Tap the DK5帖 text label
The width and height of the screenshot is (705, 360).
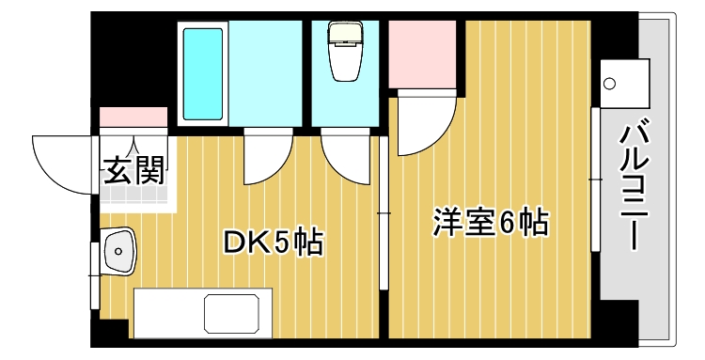(273, 243)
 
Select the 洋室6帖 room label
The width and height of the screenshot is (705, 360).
(490, 223)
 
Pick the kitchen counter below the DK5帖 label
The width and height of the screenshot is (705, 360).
(205, 312)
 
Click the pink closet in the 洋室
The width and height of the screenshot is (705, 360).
(422, 55)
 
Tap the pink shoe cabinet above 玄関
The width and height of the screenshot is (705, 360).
(134, 117)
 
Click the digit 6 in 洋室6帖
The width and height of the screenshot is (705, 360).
(509, 223)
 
